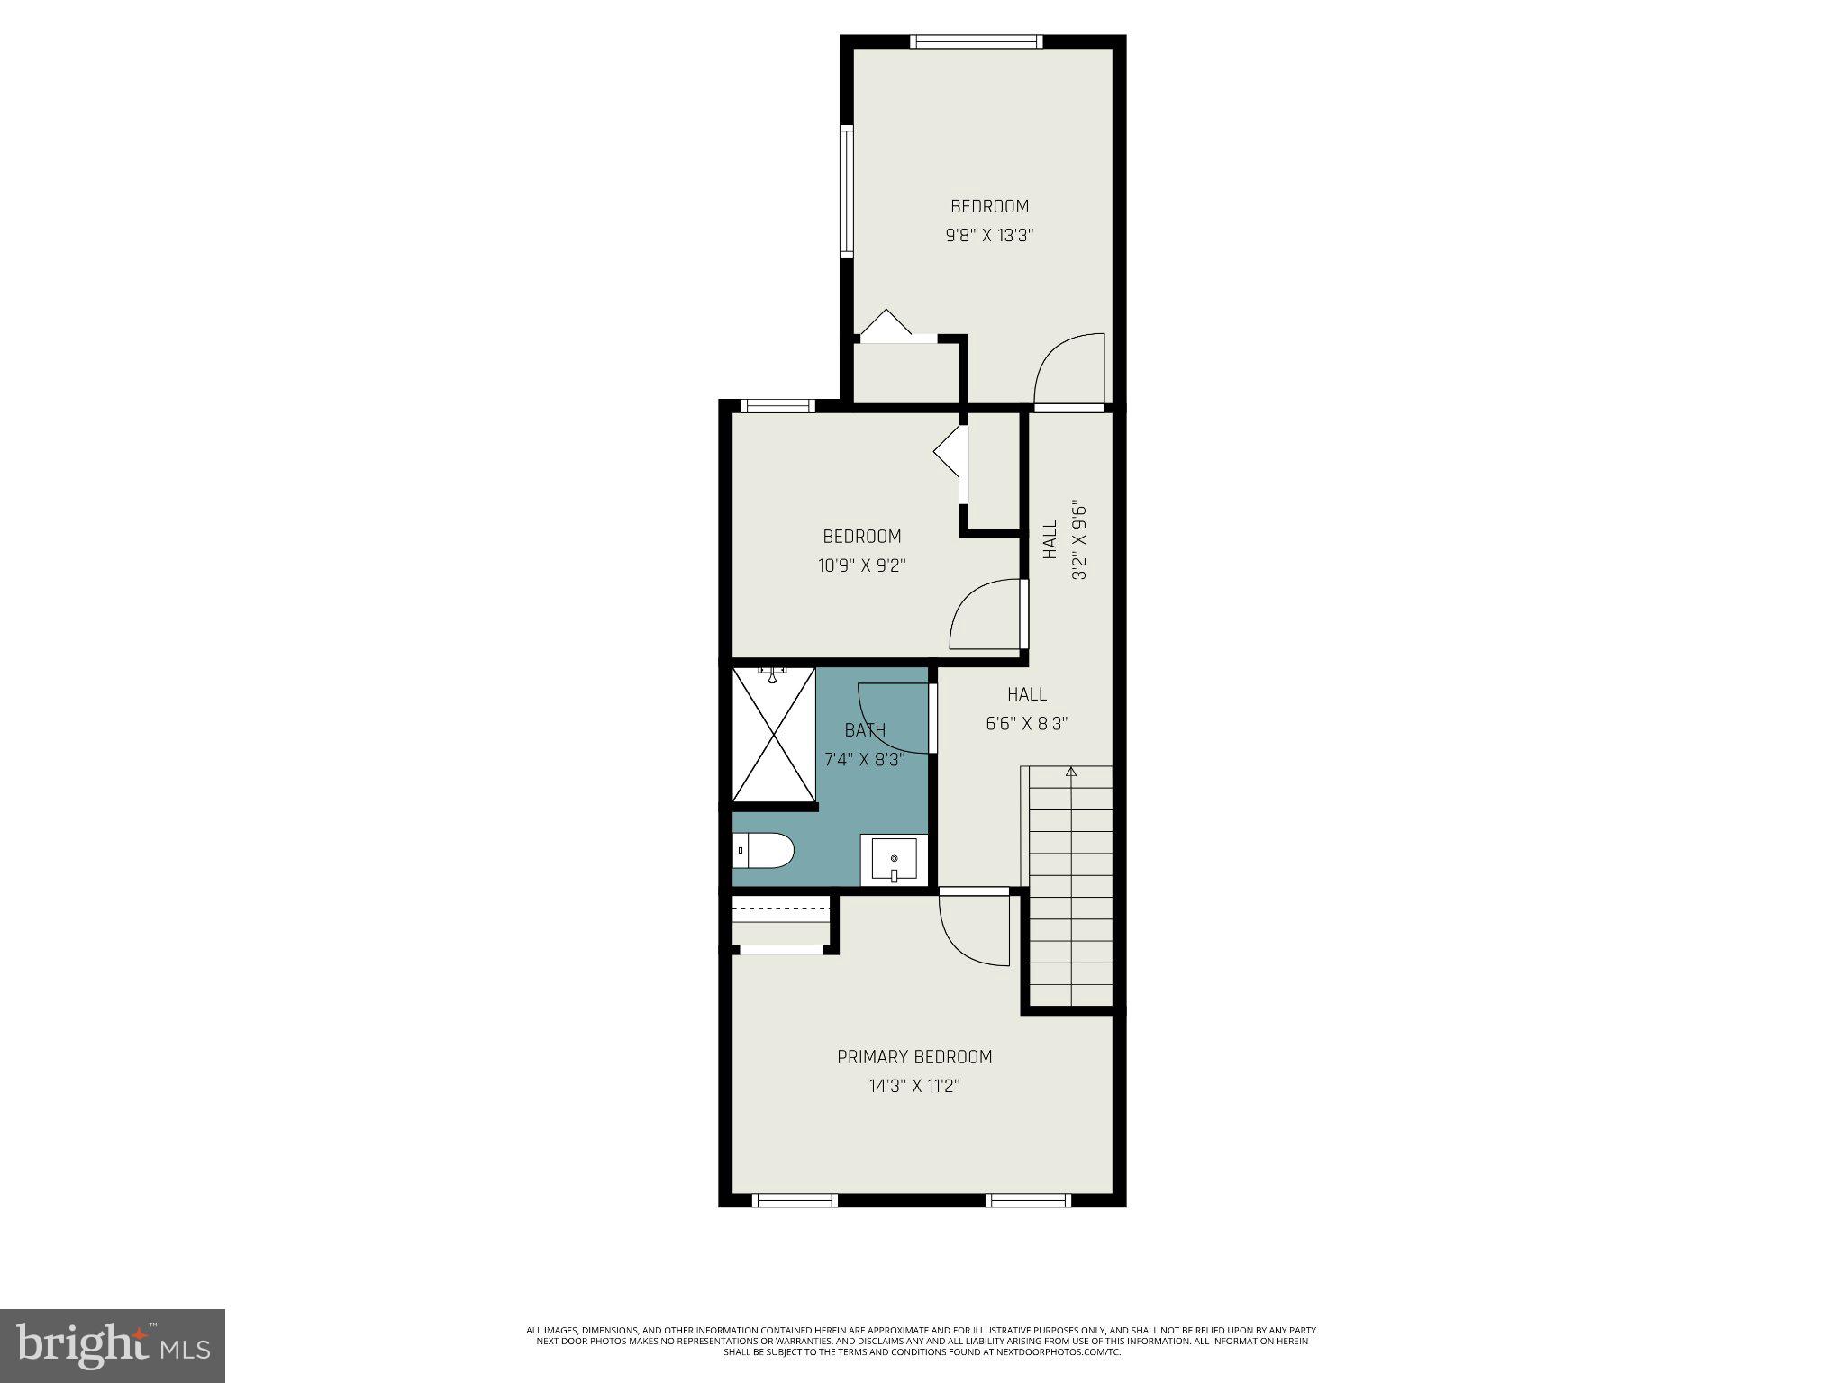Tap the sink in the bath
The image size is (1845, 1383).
tap(894, 861)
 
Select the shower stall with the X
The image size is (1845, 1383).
tap(774, 734)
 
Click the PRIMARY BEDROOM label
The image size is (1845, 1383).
tap(914, 1057)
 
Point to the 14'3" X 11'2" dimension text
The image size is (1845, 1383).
tap(914, 1086)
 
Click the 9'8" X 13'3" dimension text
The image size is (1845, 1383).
tap(989, 236)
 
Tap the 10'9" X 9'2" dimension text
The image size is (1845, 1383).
tap(862, 565)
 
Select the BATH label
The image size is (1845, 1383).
tap(865, 730)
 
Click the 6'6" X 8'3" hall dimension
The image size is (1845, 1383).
tap(1027, 723)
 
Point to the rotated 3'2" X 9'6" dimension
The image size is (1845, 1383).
tap(1079, 540)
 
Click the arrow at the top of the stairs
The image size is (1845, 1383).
tap(1071, 772)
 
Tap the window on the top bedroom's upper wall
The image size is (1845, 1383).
tap(976, 41)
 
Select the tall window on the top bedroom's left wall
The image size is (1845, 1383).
tap(847, 191)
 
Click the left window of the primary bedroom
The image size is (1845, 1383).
tap(795, 1199)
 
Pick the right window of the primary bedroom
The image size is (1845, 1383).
tap(1028, 1199)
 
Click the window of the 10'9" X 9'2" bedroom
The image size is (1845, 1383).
tap(775, 406)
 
